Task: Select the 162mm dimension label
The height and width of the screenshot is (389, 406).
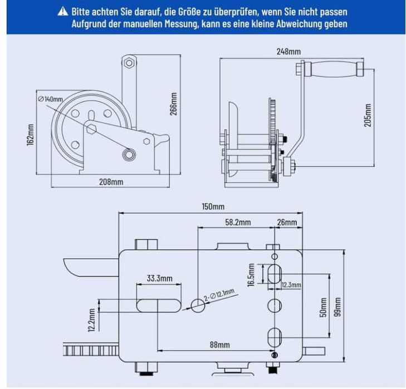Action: point(31,133)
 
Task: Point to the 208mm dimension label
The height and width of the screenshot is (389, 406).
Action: point(111,181)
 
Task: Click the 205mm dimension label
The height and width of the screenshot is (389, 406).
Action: point(368,115)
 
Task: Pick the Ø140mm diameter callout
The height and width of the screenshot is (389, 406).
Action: point(51,99)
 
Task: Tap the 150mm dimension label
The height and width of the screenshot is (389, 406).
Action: point(213,206)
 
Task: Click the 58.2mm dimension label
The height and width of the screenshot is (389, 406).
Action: point(238,222)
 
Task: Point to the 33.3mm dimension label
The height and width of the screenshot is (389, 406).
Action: point(160,278)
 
